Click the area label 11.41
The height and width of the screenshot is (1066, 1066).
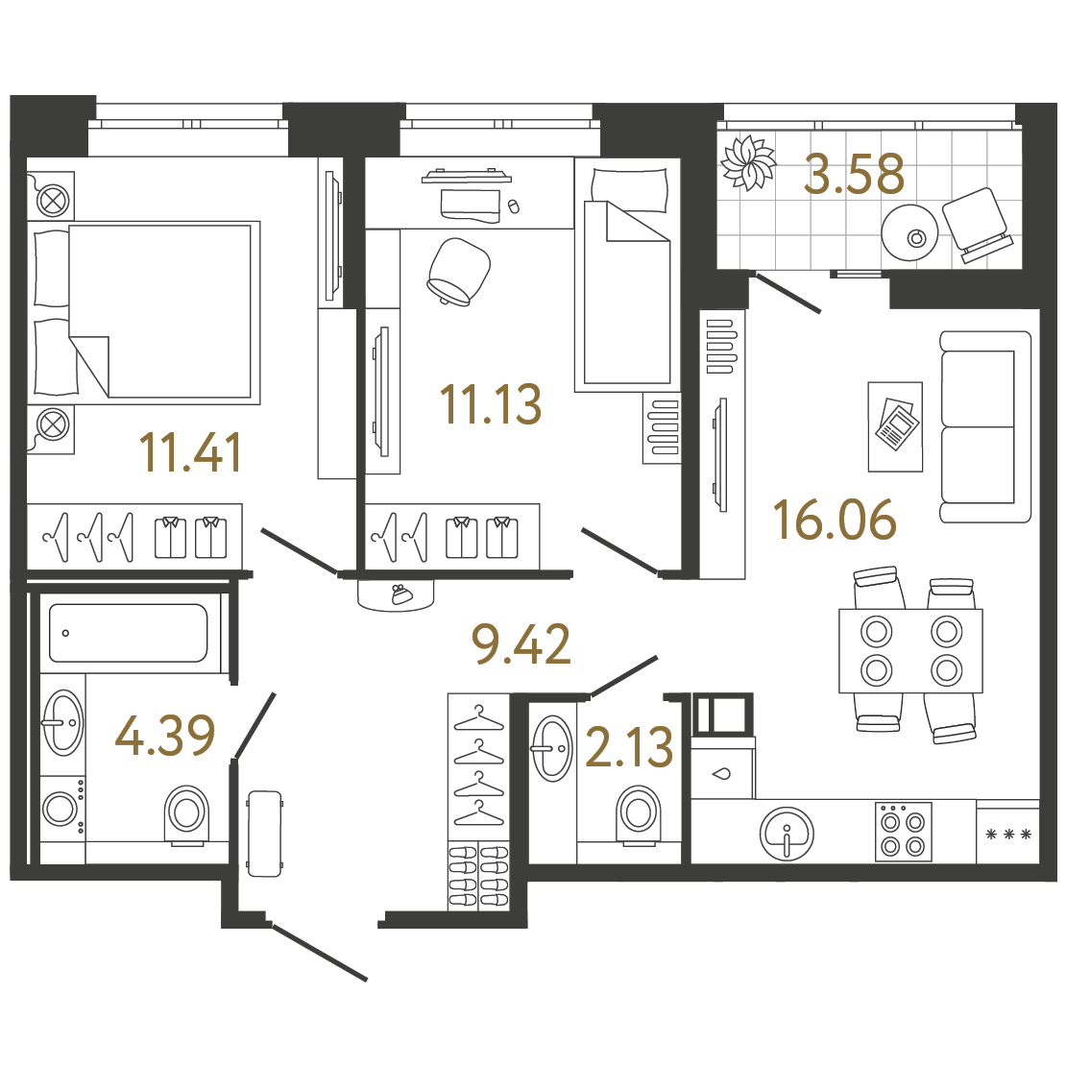click(x=190, y=452)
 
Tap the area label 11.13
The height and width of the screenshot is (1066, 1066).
click(x=491, y=404)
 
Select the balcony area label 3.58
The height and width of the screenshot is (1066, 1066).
click(x=854, y=174)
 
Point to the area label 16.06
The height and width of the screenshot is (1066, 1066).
click(x=835, y=521)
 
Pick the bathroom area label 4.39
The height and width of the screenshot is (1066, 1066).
click(x=165, y=736)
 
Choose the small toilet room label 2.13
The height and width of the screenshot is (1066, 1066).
click(x=629, y=746)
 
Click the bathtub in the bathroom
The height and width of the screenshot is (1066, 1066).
click(x=129, y=633)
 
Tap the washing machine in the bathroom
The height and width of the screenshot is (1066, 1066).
click(x=62, y=809)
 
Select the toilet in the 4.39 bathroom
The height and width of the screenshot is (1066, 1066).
click(x=187, y=815)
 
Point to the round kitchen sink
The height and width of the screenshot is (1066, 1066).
click(x=787, y=834)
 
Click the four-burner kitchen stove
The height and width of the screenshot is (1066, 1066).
click(x=903, y=832)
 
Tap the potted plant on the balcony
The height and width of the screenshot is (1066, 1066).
click(x=748, y=163)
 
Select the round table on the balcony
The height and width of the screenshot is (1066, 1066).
click(x=909, y=231)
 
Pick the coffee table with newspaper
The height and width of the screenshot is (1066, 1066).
click(x=895, y=426)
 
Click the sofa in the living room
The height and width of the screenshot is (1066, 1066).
click(x=985, y=426)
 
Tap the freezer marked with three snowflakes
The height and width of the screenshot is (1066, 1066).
click(x=1008, y=835)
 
